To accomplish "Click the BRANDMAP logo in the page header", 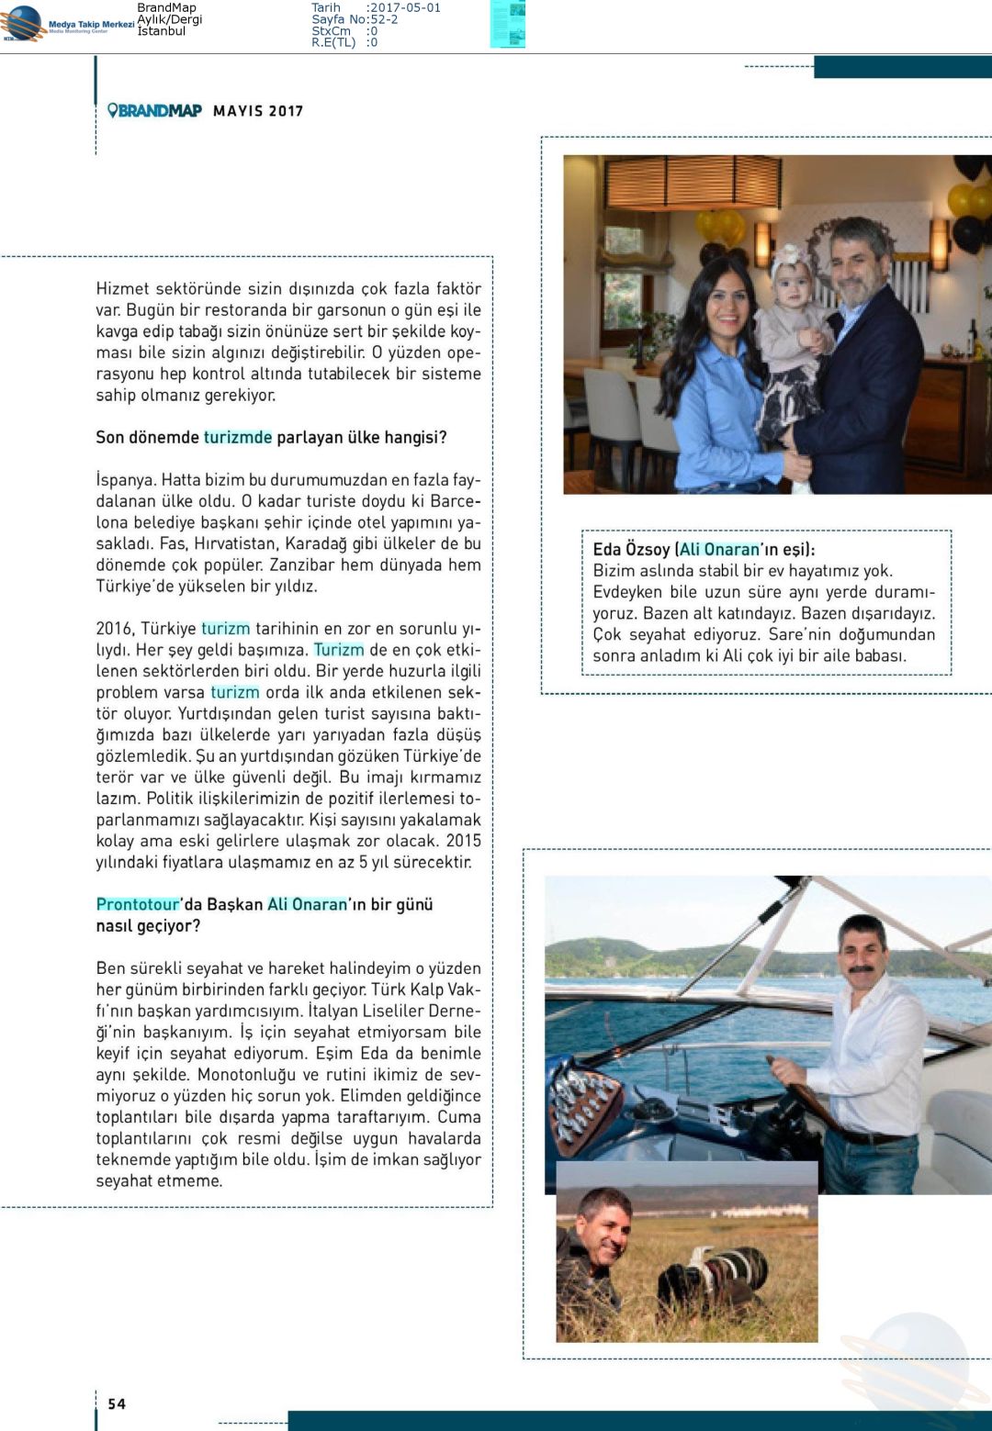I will (x=154, y=111).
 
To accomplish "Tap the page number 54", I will (x=117, y=1403).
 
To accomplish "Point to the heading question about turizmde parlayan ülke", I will (x=271, y=438).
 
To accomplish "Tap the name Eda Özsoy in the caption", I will (x=631, y=550).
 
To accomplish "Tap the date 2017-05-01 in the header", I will (x=403, y=7).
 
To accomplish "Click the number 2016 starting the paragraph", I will (x=114, y=629).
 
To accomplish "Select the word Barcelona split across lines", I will (x=460, y=501).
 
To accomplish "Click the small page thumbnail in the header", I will (x=507, y=24).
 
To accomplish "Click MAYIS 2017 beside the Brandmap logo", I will (x=258, y=111).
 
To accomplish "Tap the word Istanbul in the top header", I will (x=161, y=31).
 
